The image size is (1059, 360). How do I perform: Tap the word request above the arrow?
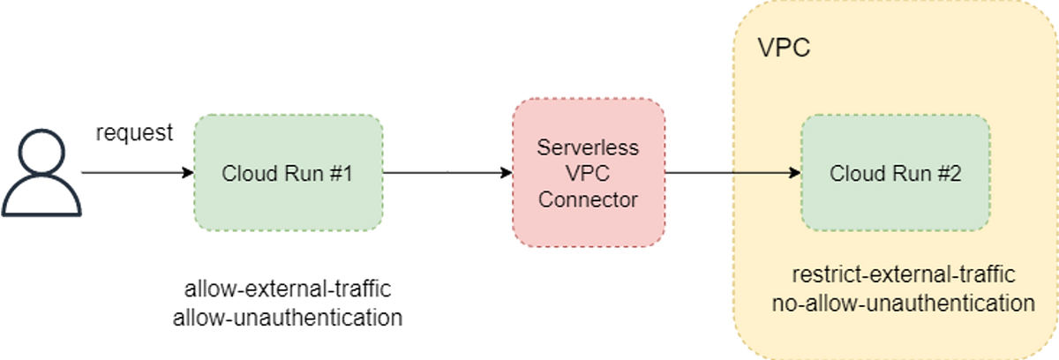134,133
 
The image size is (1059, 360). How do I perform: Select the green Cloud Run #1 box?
288,173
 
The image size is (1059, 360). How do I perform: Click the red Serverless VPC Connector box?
588,173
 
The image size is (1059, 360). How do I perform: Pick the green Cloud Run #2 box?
895,173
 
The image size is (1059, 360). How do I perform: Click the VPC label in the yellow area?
785,47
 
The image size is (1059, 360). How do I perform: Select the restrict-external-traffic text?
895,274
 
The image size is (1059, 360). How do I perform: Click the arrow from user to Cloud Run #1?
132,173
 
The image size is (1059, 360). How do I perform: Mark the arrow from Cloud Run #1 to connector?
446,173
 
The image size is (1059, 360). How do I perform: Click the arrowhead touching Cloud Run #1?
188,173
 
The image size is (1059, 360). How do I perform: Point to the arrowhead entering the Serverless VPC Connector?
507,173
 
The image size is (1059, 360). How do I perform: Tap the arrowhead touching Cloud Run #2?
795,173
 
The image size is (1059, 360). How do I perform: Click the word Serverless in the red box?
588,148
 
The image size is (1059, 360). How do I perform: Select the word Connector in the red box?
588,199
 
